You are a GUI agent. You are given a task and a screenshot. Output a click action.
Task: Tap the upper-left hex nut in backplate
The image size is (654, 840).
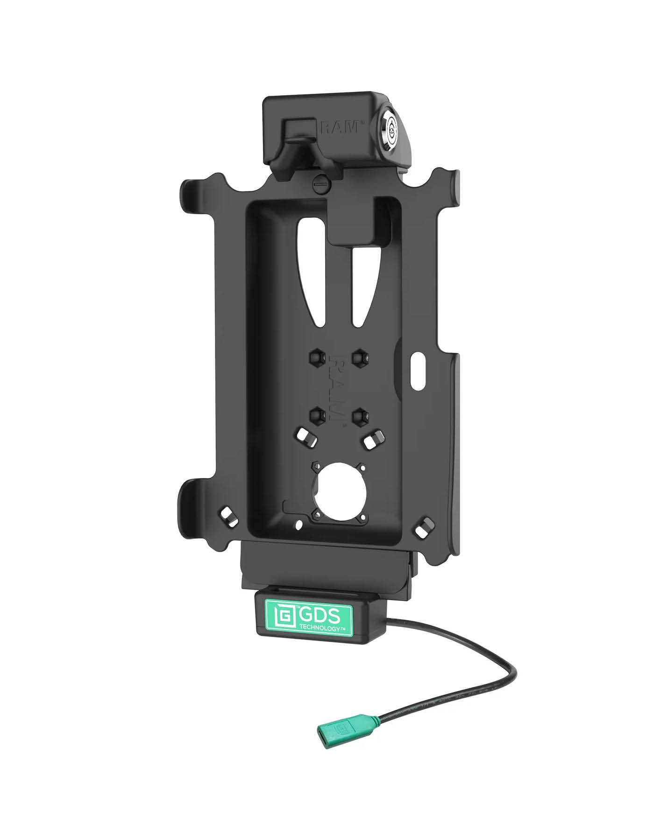[315, 358]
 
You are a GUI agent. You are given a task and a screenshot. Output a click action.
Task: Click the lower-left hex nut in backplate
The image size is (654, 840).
[315, 413]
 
